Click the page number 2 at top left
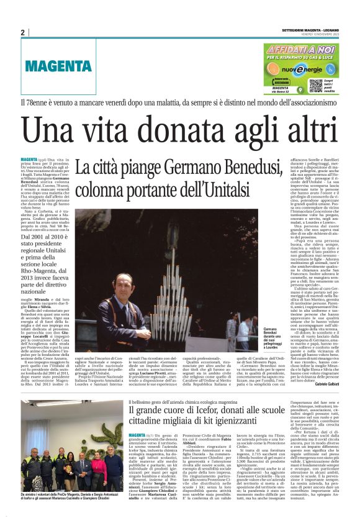pyautogui.click(x=23, y=32)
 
